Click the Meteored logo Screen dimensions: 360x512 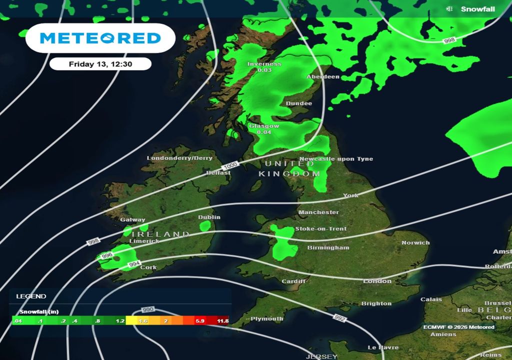[x=100, y=38]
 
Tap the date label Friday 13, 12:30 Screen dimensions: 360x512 [x=100, y=63]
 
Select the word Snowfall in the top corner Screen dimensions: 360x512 [x=477, y=9]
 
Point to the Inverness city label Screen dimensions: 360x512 [x=264, y=64]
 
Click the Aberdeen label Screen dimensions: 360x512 [x=323, y=77]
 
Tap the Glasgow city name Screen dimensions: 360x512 [x=264, y=126]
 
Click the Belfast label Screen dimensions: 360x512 [x=218, y=173]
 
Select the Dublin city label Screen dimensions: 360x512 [x=209, y=217]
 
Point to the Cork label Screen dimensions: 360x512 [x=148, y=267]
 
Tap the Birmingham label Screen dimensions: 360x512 [x=328, y=248]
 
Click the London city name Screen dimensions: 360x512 [x=377, y=281]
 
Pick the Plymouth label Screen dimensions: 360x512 [x=266, y=319]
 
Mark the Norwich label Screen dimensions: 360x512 [x=415, y=243]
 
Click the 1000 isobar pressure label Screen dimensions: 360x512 [x=231, y=165]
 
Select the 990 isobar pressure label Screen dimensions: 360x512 [x=148, y=310]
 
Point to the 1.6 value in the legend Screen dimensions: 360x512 [x=142, y=321]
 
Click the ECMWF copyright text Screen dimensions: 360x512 [x=458, y=327]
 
